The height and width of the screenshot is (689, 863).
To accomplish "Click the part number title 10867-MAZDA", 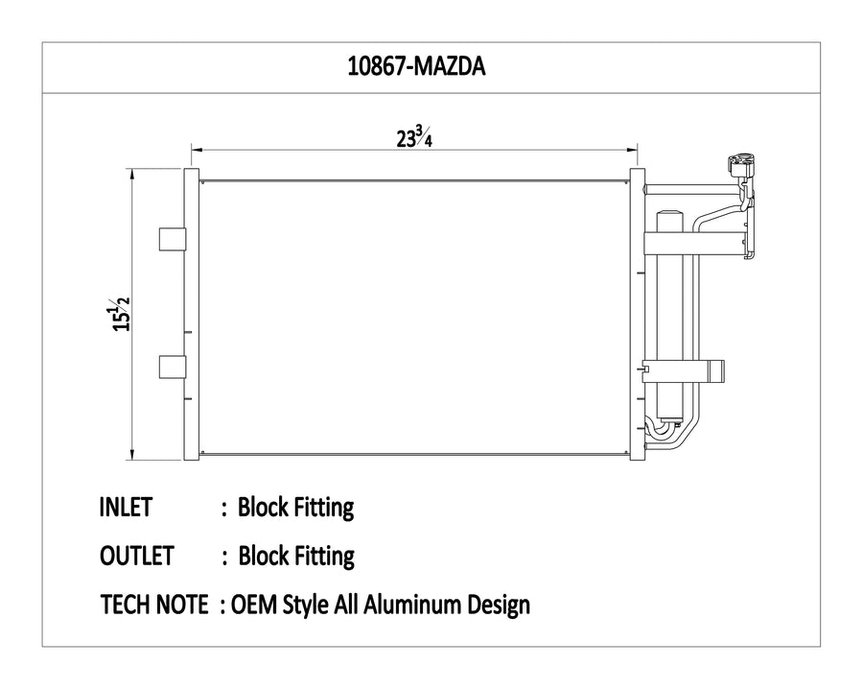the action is pos(416,66).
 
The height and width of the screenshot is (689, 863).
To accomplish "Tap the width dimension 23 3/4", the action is pos(414,136).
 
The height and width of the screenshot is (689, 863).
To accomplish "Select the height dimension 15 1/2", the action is pos(121,314).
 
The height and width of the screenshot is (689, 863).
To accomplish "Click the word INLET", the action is pos(126,507).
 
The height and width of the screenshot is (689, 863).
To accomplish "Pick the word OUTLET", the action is pos(137,556).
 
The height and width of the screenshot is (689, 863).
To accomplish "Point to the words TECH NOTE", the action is pos(154,605).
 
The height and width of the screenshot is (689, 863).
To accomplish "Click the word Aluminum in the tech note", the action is pos(413,605).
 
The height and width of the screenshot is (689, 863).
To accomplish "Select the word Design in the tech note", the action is pos(500,606).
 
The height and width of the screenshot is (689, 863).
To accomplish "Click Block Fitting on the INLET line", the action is pos(295,508).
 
